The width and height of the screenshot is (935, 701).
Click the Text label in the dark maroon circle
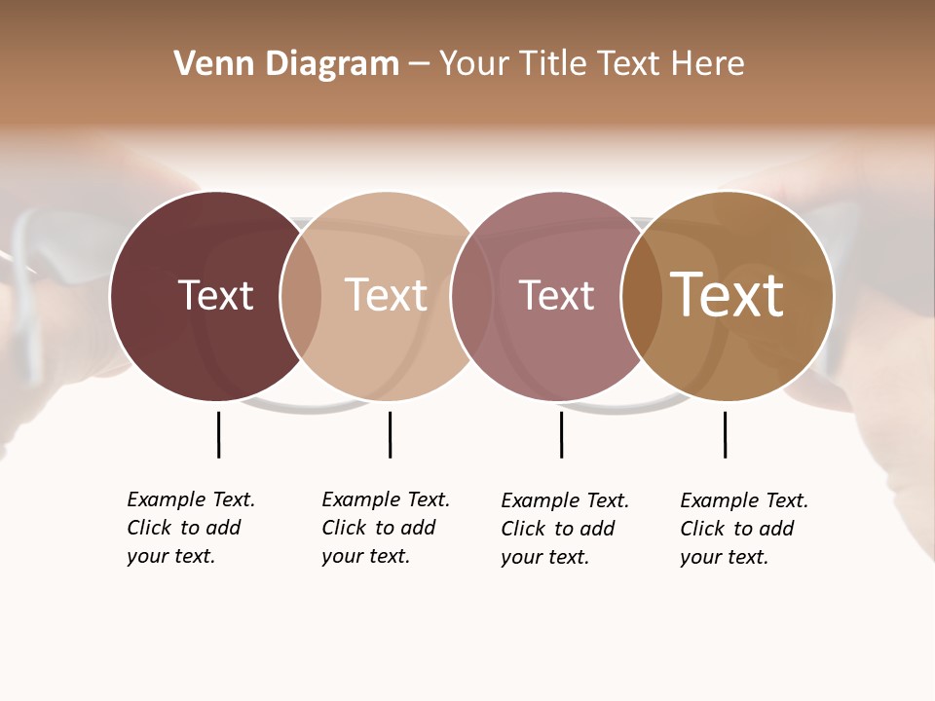(215, 295)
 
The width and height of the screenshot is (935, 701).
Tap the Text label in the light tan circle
(386, 295)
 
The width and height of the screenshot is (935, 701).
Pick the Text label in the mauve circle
(556, 295)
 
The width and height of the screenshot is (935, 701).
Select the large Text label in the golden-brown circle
(727, 295)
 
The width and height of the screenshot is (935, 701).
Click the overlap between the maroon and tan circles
(301, 296)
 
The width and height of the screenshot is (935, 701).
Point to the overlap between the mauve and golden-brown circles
(642, 296)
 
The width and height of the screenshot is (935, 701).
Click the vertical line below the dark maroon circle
(218, 434)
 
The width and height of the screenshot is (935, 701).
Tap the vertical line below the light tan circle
(390, 434)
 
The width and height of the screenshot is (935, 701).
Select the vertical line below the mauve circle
(561, 434)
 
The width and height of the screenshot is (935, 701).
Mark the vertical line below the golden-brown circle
(725, 434)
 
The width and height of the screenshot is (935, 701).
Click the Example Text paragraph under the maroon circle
(190, 528)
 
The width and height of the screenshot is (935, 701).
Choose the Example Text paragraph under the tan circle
(385, 528)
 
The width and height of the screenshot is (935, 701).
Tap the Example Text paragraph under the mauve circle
(564, 529)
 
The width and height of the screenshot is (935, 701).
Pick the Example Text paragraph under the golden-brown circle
(743, 529)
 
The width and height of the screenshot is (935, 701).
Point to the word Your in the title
(474, 64)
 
